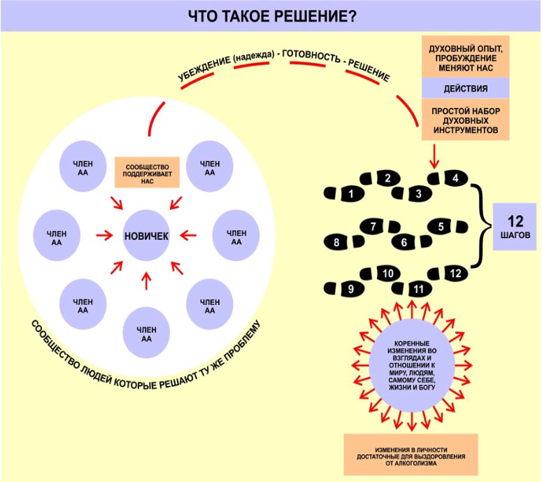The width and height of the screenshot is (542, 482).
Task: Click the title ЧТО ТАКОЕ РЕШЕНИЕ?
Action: (271, 15)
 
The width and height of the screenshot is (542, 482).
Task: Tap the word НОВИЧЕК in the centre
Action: (146, 236)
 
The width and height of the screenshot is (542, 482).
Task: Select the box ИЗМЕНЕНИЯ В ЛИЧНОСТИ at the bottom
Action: (411, 454)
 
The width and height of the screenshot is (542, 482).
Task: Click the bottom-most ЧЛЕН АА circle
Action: (146, 333)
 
